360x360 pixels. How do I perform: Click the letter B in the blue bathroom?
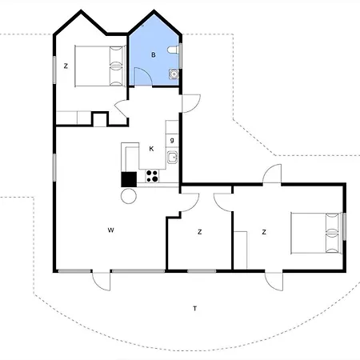[154, 55]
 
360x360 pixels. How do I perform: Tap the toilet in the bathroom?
[173, 50]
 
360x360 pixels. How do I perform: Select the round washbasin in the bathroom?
[174, 74]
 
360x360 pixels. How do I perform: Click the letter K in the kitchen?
[151, 149]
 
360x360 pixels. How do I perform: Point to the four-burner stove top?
[152, 176]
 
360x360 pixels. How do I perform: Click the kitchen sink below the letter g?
[172, 157]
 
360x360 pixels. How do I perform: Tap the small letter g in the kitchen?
[172, 140]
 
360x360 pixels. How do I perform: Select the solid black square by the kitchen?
[129, 179]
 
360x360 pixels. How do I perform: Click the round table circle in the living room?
[129, 196]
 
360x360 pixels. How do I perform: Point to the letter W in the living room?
[111, 230]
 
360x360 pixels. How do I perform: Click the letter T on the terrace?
[195, 309]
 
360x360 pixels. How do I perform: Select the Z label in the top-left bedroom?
[66, 66]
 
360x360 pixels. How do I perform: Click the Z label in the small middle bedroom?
[200, 232]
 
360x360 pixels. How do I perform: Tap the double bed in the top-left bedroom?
[100, 66]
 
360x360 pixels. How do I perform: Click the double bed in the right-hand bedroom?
[316, 233]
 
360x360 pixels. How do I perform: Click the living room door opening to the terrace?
[101, 281]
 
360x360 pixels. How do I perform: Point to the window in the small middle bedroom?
[202, 271]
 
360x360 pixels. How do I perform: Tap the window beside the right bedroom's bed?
[344, 226]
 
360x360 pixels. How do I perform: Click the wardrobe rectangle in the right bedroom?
[240, 250]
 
